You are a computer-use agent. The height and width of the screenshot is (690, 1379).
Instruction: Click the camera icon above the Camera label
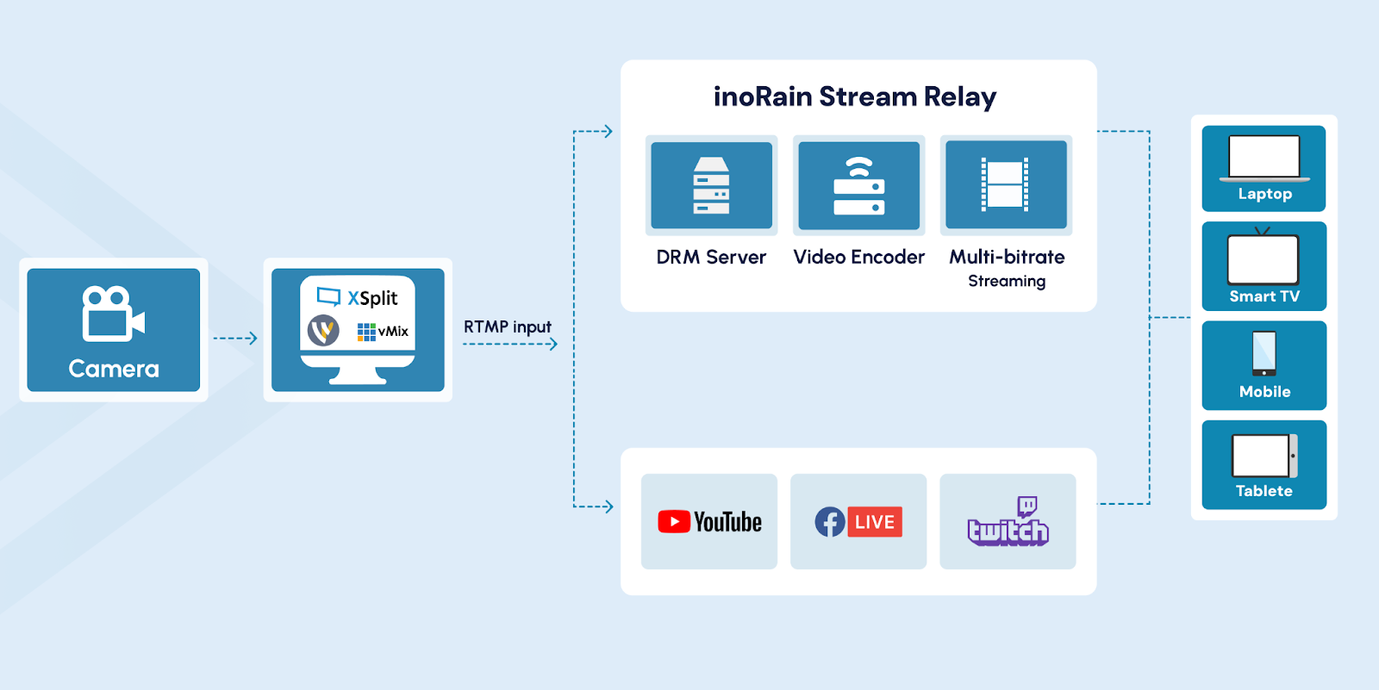click(x=113, y=314)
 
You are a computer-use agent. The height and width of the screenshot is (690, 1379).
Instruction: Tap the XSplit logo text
click(x=372, y=298)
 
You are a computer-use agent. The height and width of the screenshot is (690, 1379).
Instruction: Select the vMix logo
click(x=383, y=332)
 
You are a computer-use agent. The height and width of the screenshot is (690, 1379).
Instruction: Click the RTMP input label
click(x=507, y=327)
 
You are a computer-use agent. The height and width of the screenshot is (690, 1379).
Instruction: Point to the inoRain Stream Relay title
click(x=854, y=96)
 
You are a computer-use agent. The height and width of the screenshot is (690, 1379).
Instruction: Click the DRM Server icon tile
click(x=711, y=185)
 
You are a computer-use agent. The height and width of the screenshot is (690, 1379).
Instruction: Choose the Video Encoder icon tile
click(x=858, y=185)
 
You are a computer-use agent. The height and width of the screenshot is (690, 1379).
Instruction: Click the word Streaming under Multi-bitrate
click(x=1006, y=282)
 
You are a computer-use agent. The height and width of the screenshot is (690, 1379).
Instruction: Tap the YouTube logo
click(x=709, y=522)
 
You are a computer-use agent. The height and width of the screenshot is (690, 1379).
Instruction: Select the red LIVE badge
click(x=875, y=522)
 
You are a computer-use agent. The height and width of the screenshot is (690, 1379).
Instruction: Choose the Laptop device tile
click(x=1264, y=169)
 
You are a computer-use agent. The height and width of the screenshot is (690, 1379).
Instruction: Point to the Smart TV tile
click(x=1264, y=266)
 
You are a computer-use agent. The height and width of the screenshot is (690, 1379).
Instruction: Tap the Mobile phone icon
click(x=1264, y=353)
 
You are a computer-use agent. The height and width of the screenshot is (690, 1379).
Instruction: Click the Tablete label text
click(x=1264, y=491)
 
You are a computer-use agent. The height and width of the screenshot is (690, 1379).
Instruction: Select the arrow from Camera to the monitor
click(x=235, y=339)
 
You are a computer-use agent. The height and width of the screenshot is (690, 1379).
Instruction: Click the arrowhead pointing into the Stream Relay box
click(x=608, y=132)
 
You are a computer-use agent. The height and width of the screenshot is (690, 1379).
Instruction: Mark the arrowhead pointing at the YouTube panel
click(x=608, y=507)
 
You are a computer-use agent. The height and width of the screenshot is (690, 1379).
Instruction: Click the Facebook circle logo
click(x=830, y=522)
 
